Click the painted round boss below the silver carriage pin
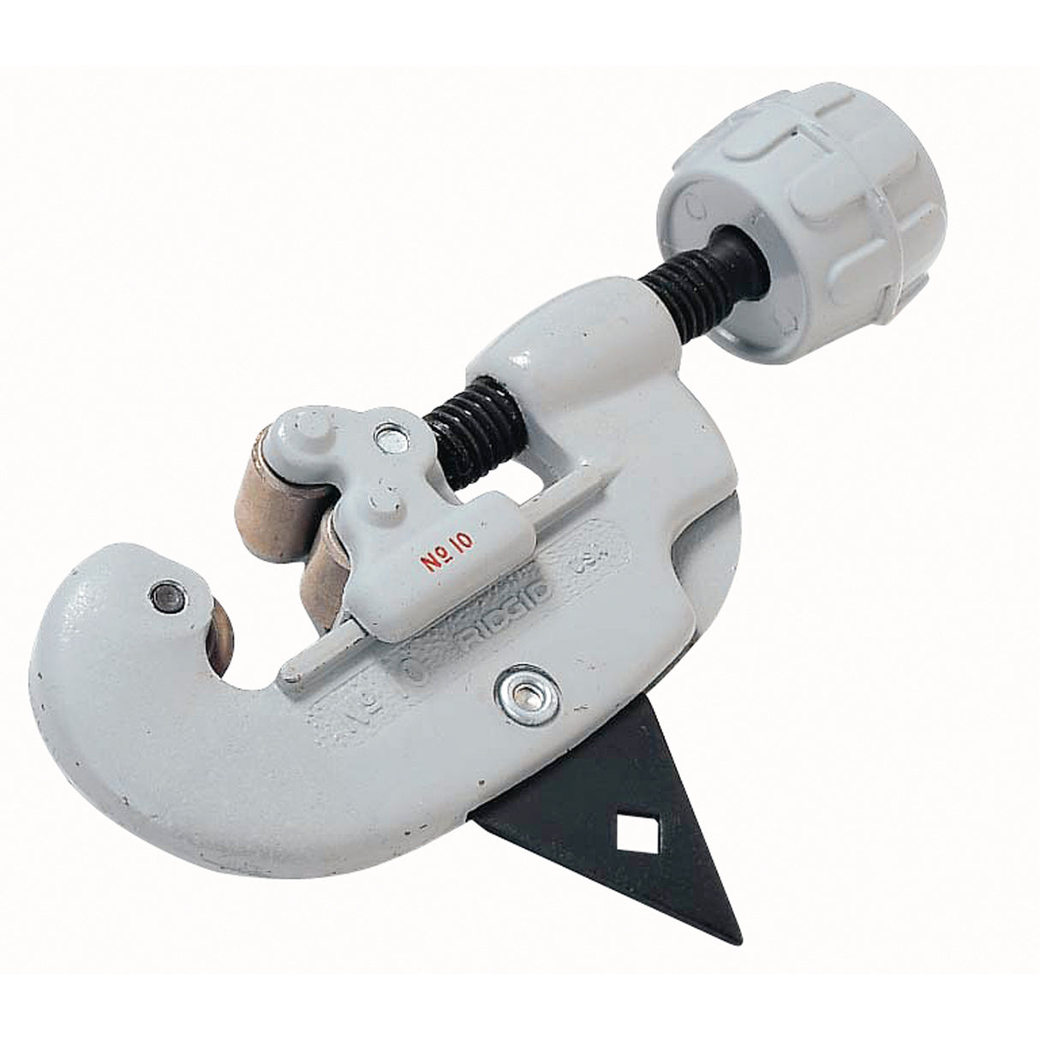tap(378, 499)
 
